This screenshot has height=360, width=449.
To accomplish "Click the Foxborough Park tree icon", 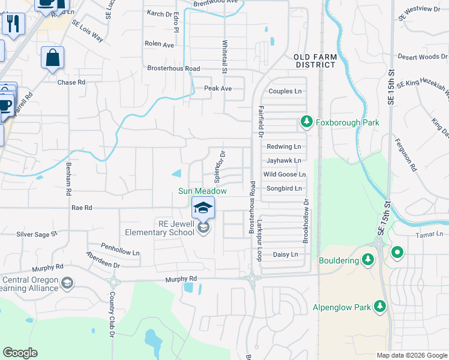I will click(x=307, y=122).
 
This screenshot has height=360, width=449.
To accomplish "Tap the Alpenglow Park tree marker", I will click(x=379, y=307).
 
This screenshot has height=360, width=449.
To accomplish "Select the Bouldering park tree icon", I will click(x=369, y=260).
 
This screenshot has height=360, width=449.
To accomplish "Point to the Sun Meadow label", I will click(x=202, y=191).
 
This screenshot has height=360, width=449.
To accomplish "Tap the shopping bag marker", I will click(x=52, y=58).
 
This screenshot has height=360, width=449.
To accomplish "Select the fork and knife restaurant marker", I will click(x=13, y=23).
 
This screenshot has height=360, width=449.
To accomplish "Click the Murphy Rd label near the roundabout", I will click(x=181, y=279).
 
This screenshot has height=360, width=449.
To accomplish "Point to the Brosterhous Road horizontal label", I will click(x=173, y=68).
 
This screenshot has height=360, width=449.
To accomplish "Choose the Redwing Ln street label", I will click(x=283, y=146).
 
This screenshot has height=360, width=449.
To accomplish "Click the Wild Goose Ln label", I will click(x=285, y=175).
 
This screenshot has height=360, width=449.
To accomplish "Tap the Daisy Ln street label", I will click(x=285, y=254).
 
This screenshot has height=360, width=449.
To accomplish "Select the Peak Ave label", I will click(x=217, y=88).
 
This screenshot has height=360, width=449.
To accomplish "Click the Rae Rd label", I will click(x=81, y=208).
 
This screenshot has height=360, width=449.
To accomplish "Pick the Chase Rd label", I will click(x=71, y=82).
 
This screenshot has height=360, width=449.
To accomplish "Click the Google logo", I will click(x=20, y=353).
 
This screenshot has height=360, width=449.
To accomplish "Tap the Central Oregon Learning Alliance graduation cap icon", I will click(x=68, y=283).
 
